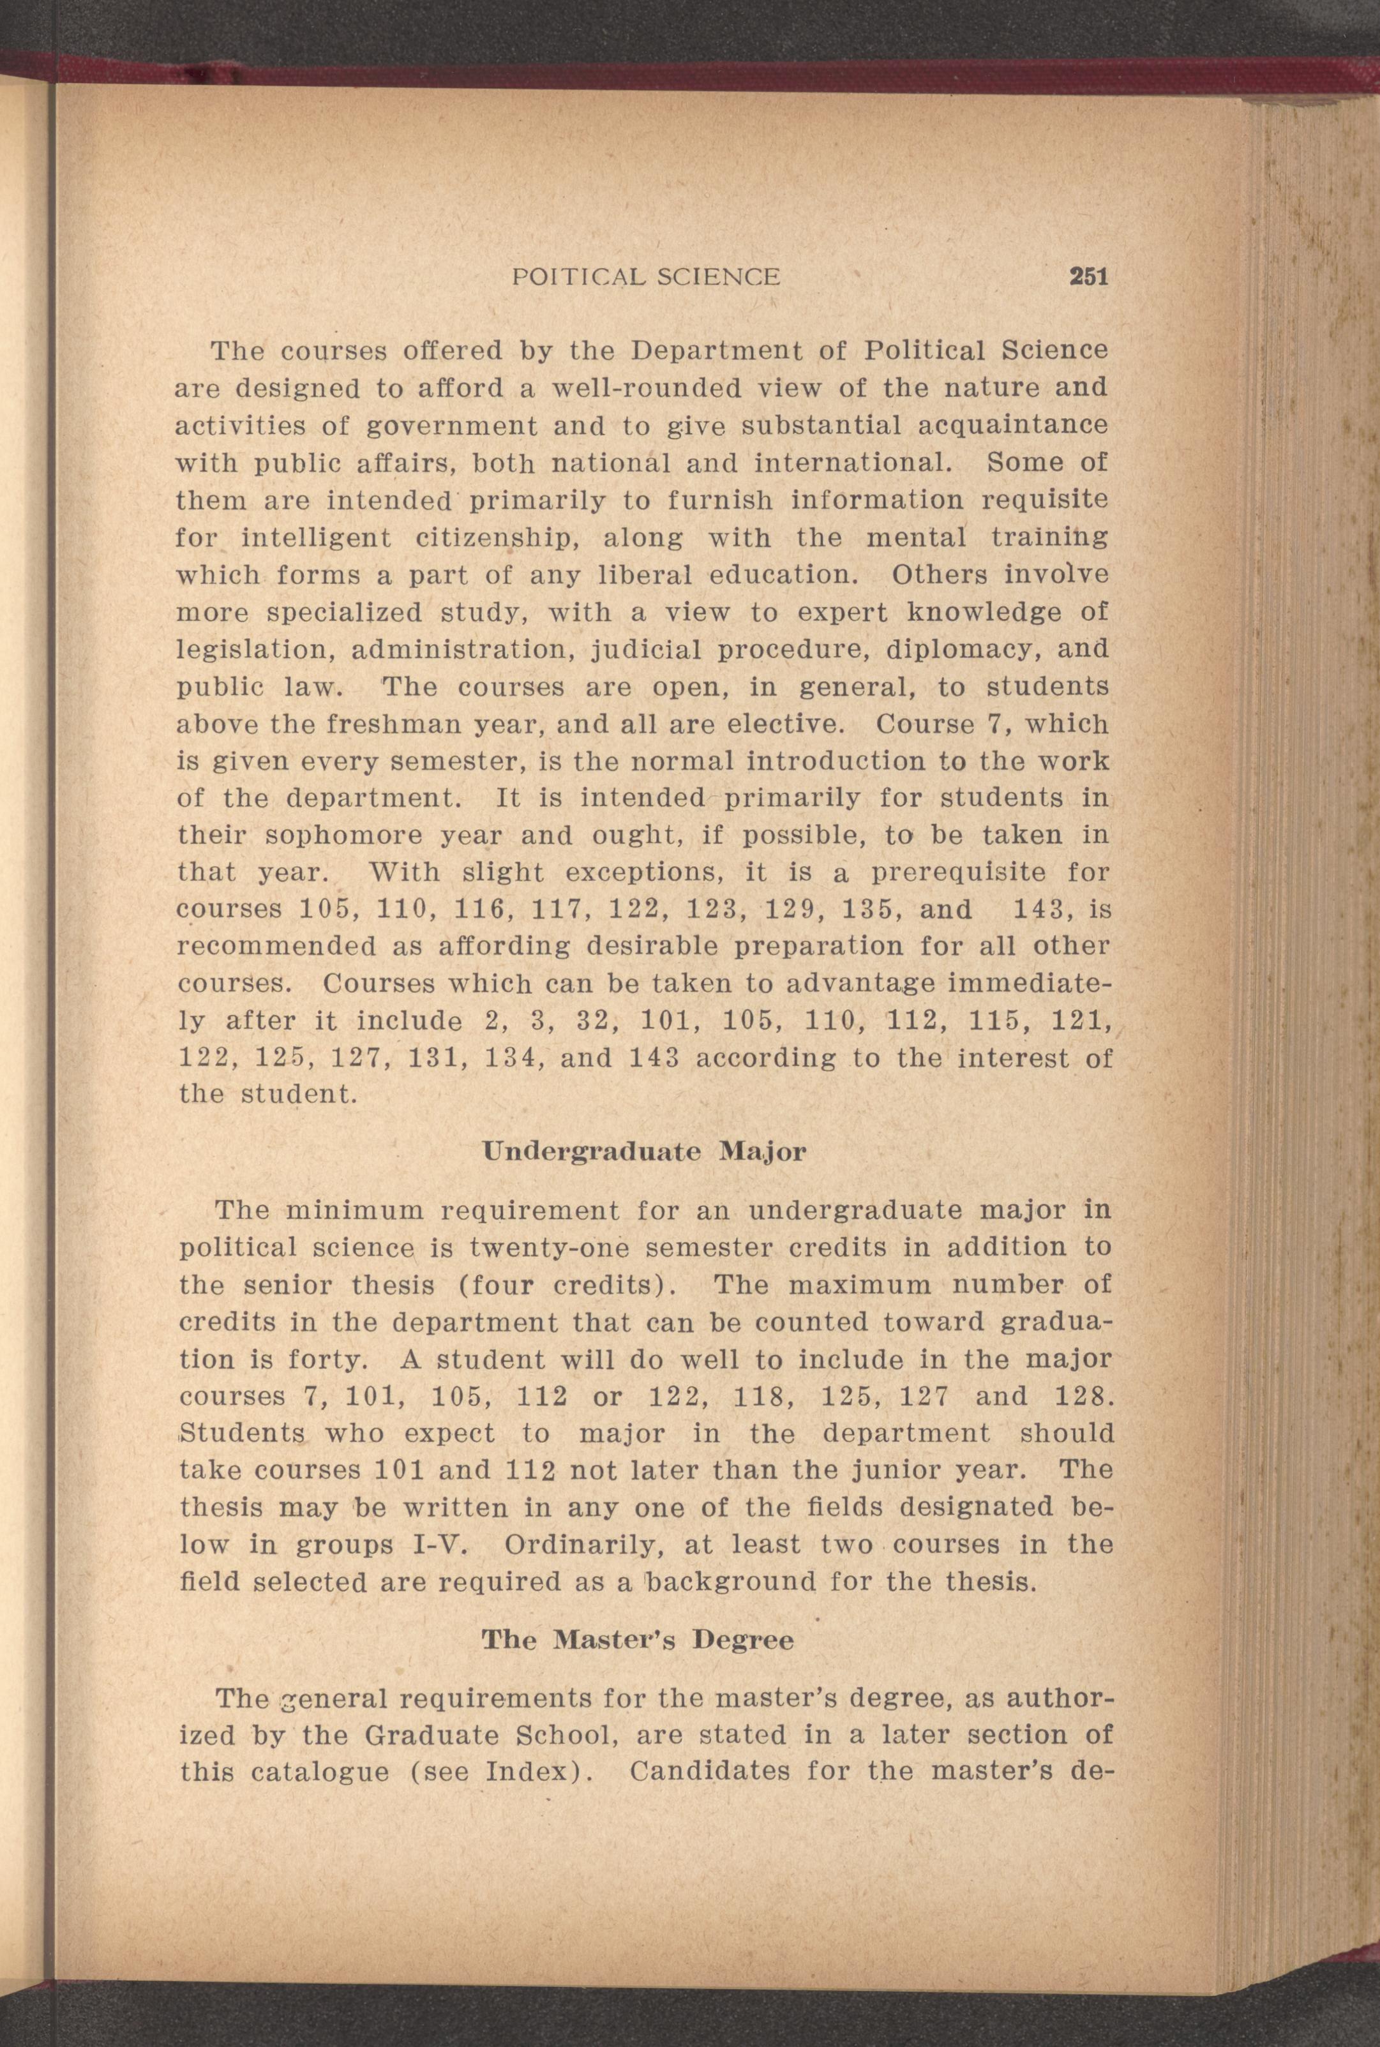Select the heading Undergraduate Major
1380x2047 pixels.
643,1152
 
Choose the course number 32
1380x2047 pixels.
599,1022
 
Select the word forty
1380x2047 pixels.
323,1360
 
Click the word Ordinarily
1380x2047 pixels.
581,1545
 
